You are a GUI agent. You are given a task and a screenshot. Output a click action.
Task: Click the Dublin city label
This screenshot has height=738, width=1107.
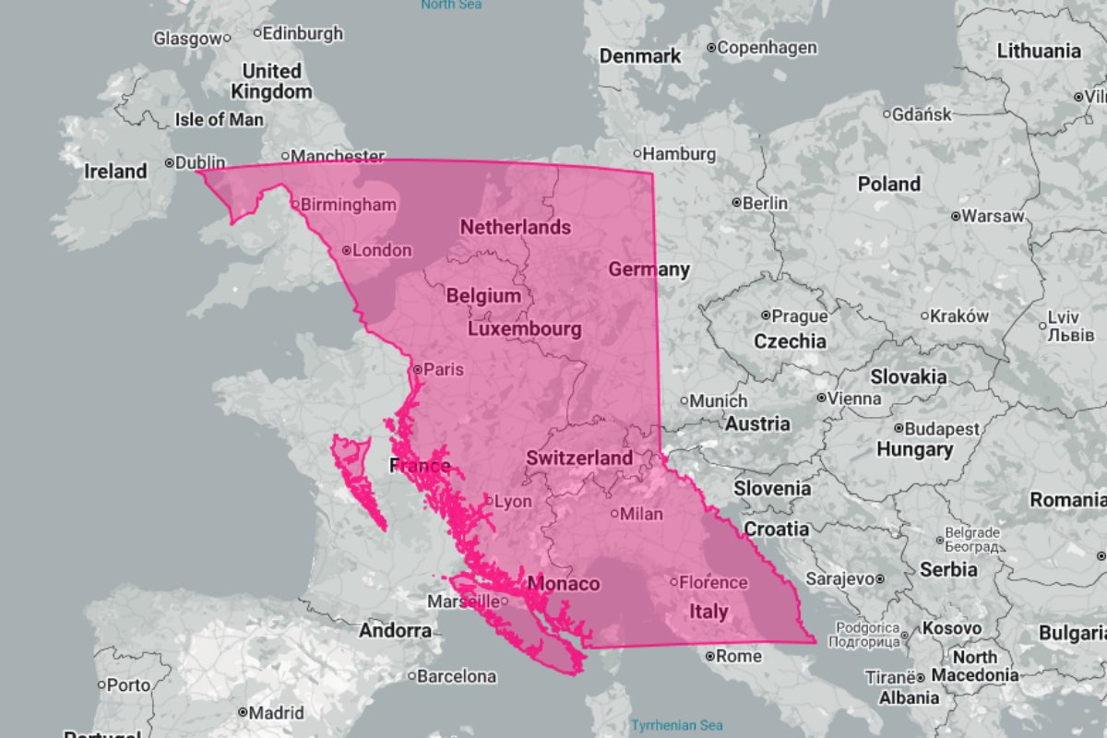coord(200,162)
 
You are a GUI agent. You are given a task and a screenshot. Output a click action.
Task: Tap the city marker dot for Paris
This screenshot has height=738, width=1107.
coord(417,369)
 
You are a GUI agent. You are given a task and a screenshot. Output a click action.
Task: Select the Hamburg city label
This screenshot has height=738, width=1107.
coord(680,153)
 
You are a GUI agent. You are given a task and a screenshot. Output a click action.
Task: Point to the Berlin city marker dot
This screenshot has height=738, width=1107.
coord(736,202)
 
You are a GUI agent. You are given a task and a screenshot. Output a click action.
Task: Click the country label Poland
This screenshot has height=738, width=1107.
coord(889,184)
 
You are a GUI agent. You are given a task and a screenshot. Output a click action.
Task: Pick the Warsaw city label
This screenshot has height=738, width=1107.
coord(993,216)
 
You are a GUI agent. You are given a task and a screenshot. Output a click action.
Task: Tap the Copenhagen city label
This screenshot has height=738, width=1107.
coord(768,47)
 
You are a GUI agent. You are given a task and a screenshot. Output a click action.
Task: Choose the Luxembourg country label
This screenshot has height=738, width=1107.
coord(525,329)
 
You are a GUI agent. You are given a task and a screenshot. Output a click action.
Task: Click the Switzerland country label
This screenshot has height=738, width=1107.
coord(579,458)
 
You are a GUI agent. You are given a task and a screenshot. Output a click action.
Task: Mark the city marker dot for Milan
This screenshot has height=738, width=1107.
coord(614,513)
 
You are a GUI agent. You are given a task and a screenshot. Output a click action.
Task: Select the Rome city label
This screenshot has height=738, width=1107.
coord(740,656)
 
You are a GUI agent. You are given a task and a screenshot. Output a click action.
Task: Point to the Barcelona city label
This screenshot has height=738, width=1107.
coord(457,676)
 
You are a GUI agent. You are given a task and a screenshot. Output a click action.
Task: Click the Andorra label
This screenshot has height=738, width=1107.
coord(395,631)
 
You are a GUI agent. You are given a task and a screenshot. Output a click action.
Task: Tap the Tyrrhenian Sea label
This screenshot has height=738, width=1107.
coord(677,725)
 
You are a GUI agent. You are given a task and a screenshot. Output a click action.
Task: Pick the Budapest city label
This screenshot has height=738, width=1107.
coord(942,429)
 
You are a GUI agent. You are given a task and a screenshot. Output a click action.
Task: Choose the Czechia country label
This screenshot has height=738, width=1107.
coord(790,340)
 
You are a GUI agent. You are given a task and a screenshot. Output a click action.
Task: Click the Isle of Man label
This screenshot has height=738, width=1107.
coord(219,119)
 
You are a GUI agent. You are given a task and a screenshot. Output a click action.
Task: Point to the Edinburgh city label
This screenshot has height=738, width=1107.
coord(303,33)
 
